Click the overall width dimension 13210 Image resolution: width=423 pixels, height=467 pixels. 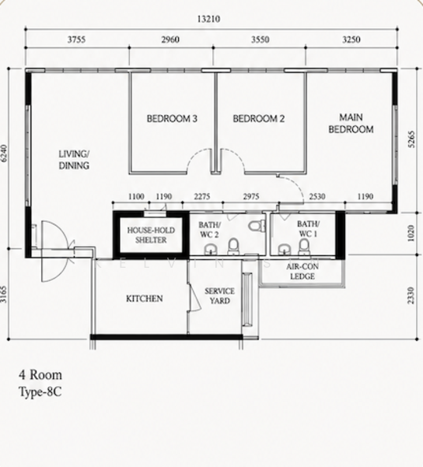click(x=208, y=19)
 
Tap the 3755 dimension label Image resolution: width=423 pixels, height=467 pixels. click(x=76, y=40)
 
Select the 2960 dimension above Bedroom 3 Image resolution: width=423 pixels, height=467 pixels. click(x=170, y=40)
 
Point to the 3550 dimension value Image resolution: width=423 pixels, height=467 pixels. click(x=260, y=40)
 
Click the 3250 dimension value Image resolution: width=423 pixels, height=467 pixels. click(x=351, y=40)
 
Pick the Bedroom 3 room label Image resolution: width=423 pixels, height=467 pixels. click(x=172, y=119)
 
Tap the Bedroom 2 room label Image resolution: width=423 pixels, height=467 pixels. click(x=258, y=119)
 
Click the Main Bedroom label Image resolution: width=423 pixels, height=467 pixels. click(x=351, y=123)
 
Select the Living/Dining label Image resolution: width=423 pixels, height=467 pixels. click(x=74, y=160)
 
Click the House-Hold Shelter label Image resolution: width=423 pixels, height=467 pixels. click(x=151, y=235)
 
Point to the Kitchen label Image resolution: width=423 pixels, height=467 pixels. click(x=145, y=298)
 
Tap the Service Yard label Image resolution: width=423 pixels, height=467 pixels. click(x=219, y=296)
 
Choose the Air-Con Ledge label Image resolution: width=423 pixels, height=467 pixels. click(x=302, y=272)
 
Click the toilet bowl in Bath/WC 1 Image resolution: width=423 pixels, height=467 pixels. click(x=304, y=248)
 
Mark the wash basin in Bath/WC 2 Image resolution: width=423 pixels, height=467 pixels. click(x=211, y=250)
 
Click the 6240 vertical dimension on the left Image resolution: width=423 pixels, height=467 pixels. click(x=4, y=153)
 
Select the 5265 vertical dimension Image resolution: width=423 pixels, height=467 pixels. click(x=411, y=139)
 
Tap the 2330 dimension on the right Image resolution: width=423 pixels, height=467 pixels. click(x=411, y=295)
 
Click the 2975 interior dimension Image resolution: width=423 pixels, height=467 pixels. click(x=251, y=197)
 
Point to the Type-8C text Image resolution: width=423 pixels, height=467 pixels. click(x=40, y=392)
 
